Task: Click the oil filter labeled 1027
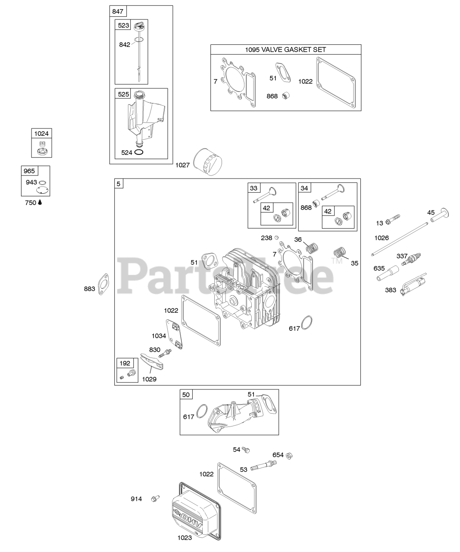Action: tap(208, 162)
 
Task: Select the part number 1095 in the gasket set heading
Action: tap(253, 50)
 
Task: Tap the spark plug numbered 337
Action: tap(409, 258)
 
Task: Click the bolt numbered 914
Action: tap(154, 499)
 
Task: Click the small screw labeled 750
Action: tap(40, 202)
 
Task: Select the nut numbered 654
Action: tap(290, 455)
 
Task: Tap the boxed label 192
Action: tap(125, 363)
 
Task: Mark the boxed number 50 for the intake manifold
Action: tap(186, 395)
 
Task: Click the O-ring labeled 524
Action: tap(139, 152)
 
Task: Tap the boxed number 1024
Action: tap(42, 134)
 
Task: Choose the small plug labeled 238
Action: tap(278, 238)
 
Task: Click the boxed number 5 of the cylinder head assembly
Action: tap(119, 184)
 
